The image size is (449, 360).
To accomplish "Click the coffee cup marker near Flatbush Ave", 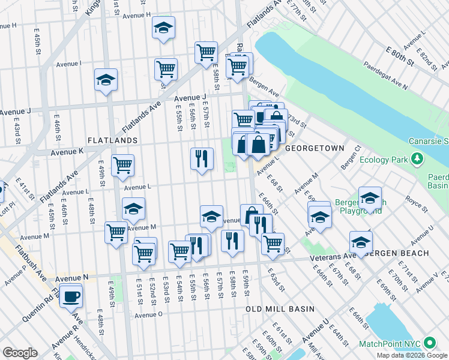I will pos(71,296).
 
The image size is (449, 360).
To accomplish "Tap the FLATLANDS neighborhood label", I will pos(112,140).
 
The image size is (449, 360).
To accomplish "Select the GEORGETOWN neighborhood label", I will pos(315,148).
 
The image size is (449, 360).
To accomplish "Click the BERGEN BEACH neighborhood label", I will pos(398,253).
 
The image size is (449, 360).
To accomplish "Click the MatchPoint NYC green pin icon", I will pos(429,343).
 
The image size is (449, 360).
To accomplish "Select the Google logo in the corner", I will pos(20,353).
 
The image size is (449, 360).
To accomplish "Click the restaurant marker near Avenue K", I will pos(202,158).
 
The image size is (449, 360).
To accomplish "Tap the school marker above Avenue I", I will pos(163,28).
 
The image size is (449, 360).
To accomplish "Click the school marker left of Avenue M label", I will pos(133,208).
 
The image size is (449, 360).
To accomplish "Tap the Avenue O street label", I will pos(149,315).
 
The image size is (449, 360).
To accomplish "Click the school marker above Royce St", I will pos(370,197).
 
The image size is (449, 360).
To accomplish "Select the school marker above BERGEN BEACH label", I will pos(361,242).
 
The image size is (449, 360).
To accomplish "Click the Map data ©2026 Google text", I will pos(412,355).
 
